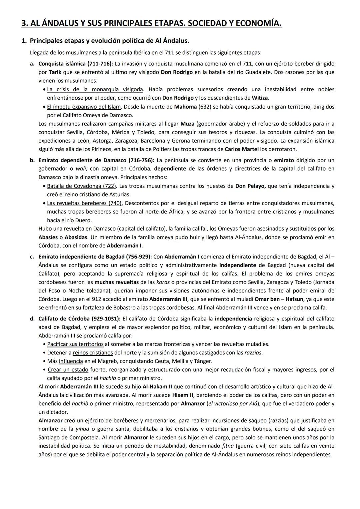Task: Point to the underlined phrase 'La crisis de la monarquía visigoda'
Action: [95, 89]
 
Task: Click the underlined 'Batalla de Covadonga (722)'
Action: [82, 186]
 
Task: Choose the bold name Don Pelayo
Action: [250, 186]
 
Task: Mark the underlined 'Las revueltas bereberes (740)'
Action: [85, 203]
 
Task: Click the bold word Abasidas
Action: [76, 237]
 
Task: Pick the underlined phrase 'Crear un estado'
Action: [68, 369]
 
